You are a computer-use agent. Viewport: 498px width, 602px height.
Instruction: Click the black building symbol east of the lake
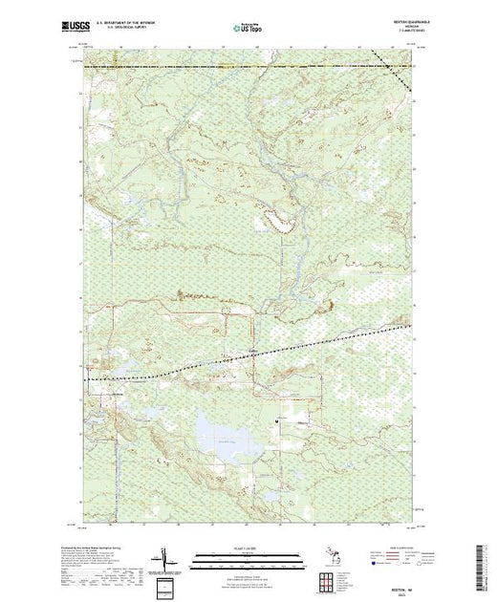click(x=276, y=419)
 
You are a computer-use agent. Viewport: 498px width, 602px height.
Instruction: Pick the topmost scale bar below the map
click(x=247, y=554)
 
